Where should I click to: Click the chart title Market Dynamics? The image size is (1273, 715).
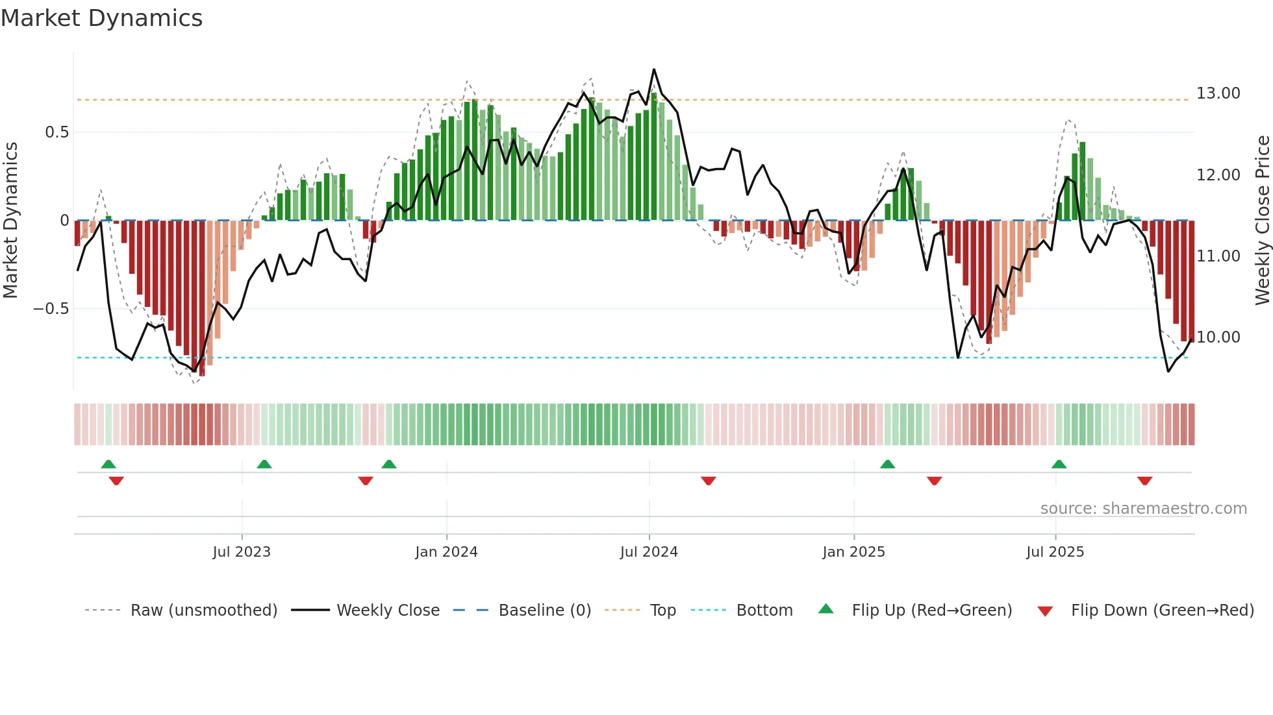pyautogui.click(x=101, y=18)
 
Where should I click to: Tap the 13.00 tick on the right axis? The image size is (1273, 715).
pyautogui.click(x=1218, y=93)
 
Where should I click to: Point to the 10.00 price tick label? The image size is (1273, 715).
pyautogui.click(x=1218, y=337)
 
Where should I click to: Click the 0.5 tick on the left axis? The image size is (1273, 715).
pyautogui.click(x=57, y=132)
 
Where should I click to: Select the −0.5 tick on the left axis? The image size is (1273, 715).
pyautogui.click(x=51, y=309)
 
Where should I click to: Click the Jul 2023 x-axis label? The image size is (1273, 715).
pyautogui.click(x=241, y=552)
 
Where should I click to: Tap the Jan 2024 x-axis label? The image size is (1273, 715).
pyautogui.click(x=446, y=552)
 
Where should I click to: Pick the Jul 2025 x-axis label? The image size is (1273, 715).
pyautogui.click(x=1055, y=552)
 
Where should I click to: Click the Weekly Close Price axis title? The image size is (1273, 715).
pyautogui.click(x=1262, y=220)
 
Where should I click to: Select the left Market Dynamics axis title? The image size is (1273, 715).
pyautogui.click(x=10, y=220)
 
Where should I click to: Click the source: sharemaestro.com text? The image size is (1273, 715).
pyautogui.click(x=1143, y=509)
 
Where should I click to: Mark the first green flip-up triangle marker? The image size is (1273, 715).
pyautogui.click(x=108, y=465)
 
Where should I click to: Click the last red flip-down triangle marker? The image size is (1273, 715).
pyautogui.click(x=1144, y=481)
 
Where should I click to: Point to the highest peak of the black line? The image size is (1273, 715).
pyautogui.click(x=653, y=69)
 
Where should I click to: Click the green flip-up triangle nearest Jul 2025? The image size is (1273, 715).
pyautogui.click(x=1059, y=465)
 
